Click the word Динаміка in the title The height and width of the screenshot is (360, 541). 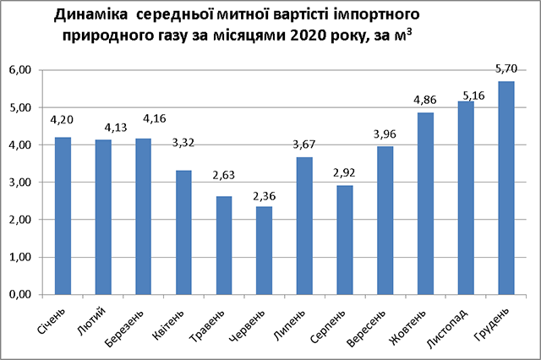[90, 16]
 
